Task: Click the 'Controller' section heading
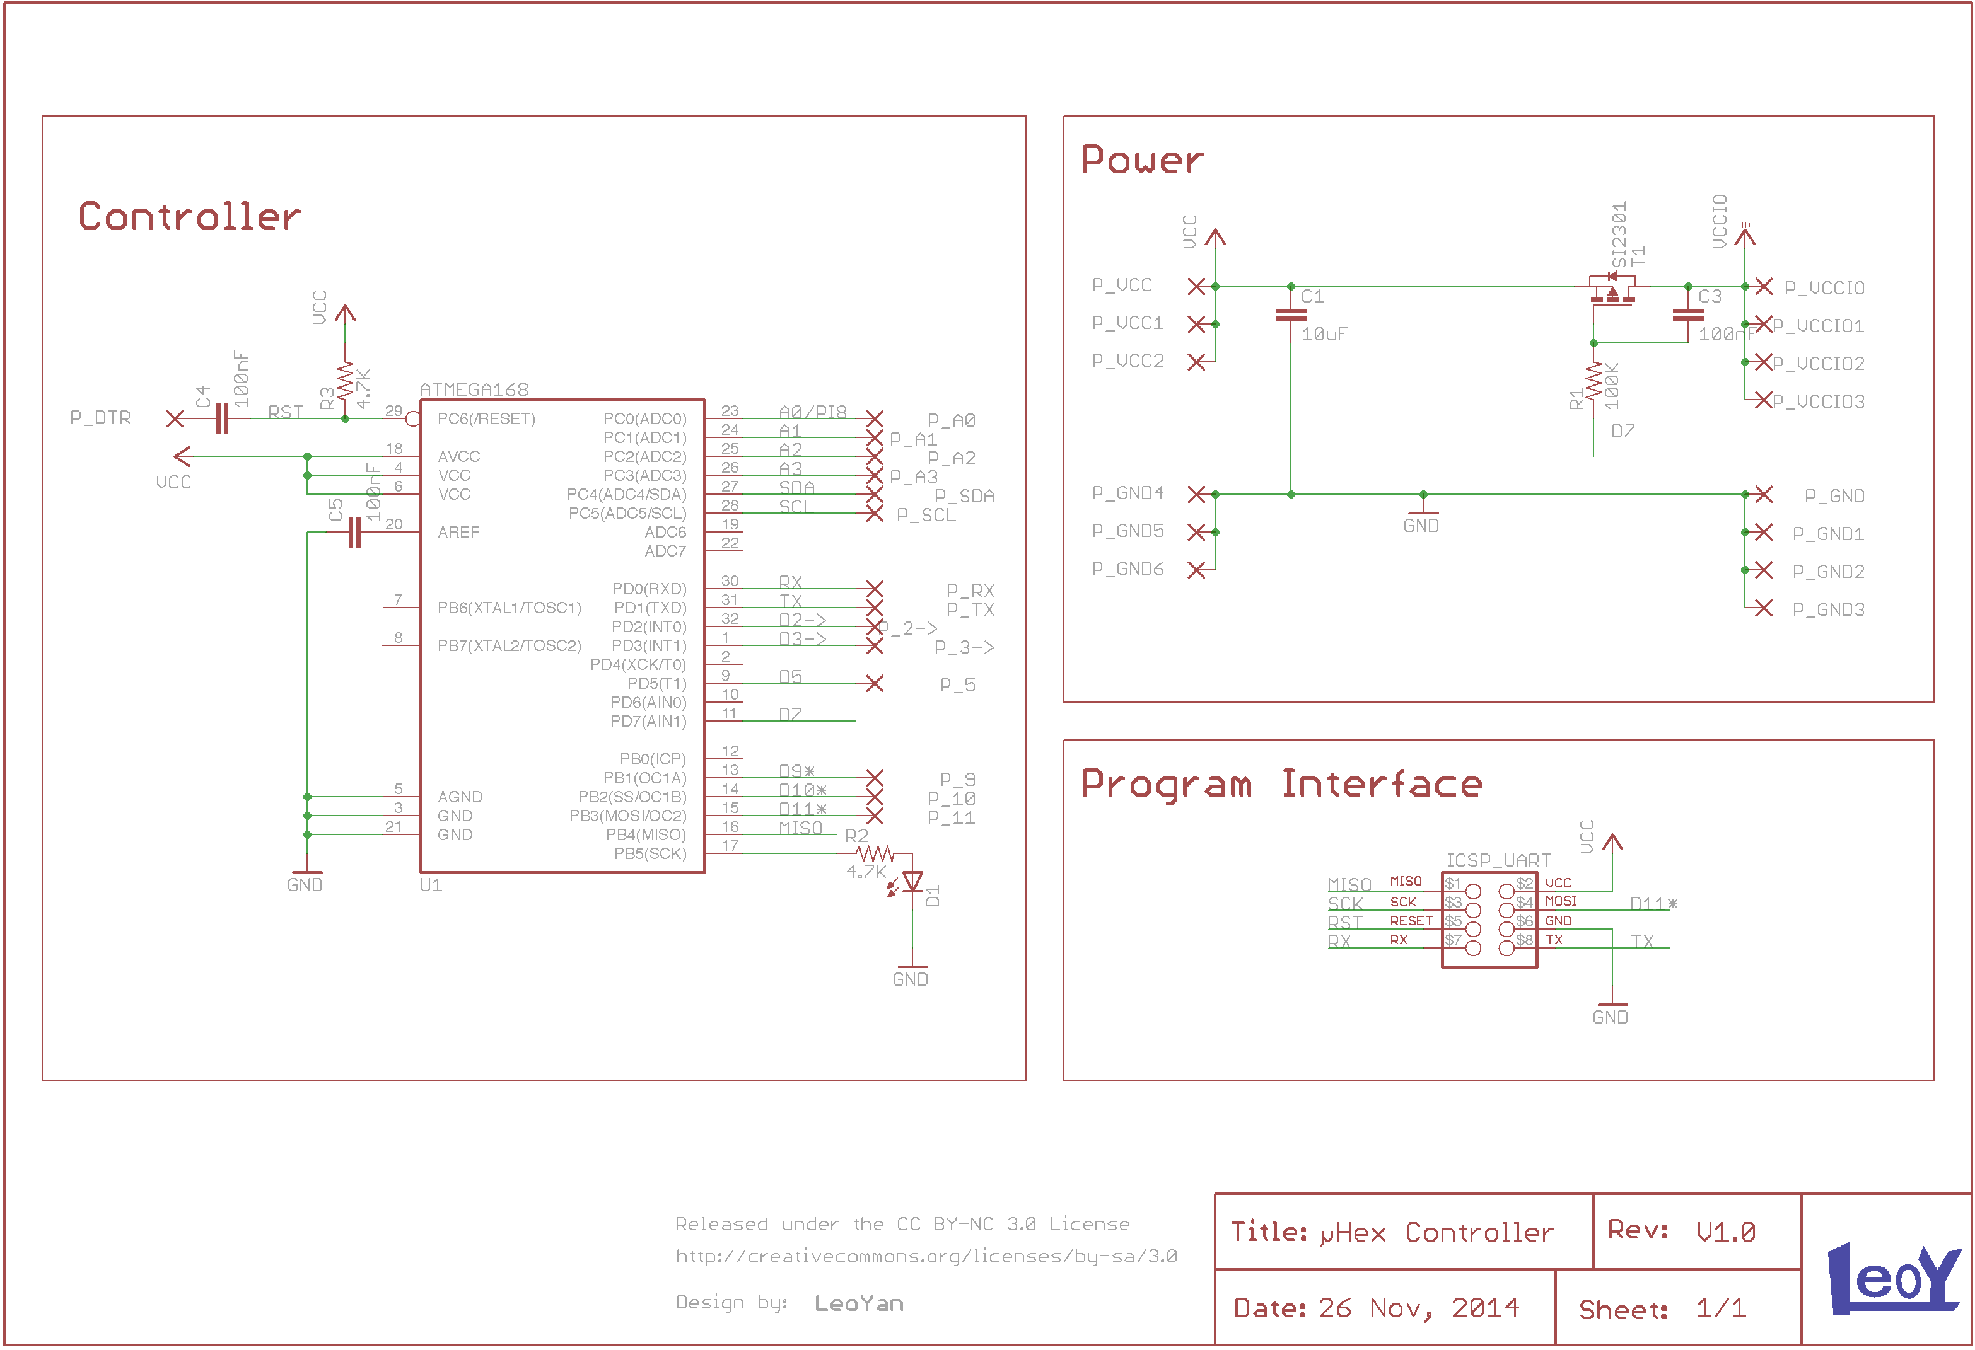tap(190, 217)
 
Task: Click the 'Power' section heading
tap(1141, 159)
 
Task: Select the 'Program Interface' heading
tap(1281, 783)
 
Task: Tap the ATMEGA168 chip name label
tap(474, 389)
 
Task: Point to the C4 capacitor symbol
tap(222, 418)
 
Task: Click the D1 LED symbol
tap(912, 883)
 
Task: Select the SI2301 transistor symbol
tap(1611, 289)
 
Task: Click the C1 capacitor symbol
tap(1290, 314)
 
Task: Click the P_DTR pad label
tap(100, 418)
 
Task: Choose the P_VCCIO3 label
tap(1818, 401)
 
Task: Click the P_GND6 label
tap(1127, 568)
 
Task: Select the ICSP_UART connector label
tap(1498, 860)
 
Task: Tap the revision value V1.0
tap(1725, 1232)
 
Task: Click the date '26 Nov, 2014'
tap(1418, 1308)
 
